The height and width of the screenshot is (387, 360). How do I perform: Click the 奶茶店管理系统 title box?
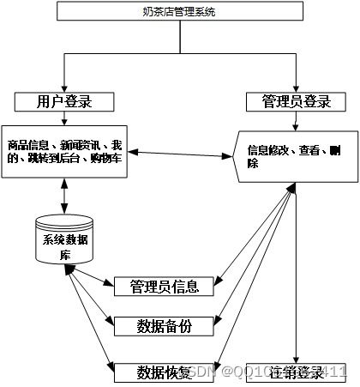click(x=179, y=12)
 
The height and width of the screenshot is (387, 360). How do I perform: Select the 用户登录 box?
click(x=64, y=102)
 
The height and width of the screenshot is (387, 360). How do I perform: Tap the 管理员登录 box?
click(x=296, y=102)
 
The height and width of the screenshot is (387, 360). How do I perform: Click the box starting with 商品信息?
click(x=65, y=150)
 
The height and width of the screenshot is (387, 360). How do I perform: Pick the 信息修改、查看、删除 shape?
click(x=295, y=155)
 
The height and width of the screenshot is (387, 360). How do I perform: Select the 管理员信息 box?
click(x=164, y=285)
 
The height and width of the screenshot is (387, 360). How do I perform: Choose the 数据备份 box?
click(x=164, y=325)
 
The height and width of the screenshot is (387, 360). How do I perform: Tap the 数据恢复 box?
click(x=164, y=372)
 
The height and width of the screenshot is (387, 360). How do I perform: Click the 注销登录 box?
click(x=296, y=372)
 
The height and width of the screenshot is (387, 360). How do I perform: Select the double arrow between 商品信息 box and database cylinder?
click(x=65, y=197)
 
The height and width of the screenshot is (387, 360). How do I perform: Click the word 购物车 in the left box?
click(x=110, y=160)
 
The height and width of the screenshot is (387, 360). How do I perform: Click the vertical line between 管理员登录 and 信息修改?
click(x=296, y=122)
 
